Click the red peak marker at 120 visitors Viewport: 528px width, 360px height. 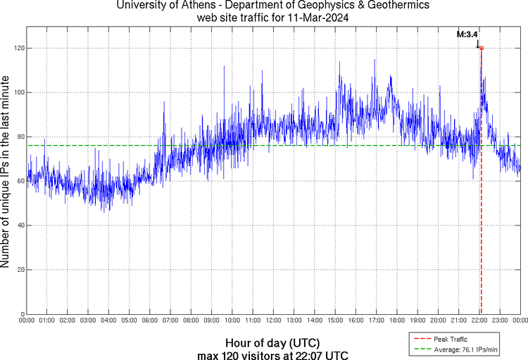click(482, 48)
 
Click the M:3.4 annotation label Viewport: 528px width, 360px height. click(467, 34)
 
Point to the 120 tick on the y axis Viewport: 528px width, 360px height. click(19, 48)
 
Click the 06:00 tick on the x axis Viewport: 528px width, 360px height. click(149, 321)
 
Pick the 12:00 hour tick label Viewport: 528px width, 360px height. click(273, 321)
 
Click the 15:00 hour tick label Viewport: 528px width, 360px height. click(335, 321)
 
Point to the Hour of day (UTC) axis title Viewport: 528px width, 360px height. click(272, 344)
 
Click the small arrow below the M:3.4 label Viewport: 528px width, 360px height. click(478, 44)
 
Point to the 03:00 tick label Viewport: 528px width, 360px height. click(88, 321)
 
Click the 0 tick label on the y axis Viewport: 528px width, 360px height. click(23, 314)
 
